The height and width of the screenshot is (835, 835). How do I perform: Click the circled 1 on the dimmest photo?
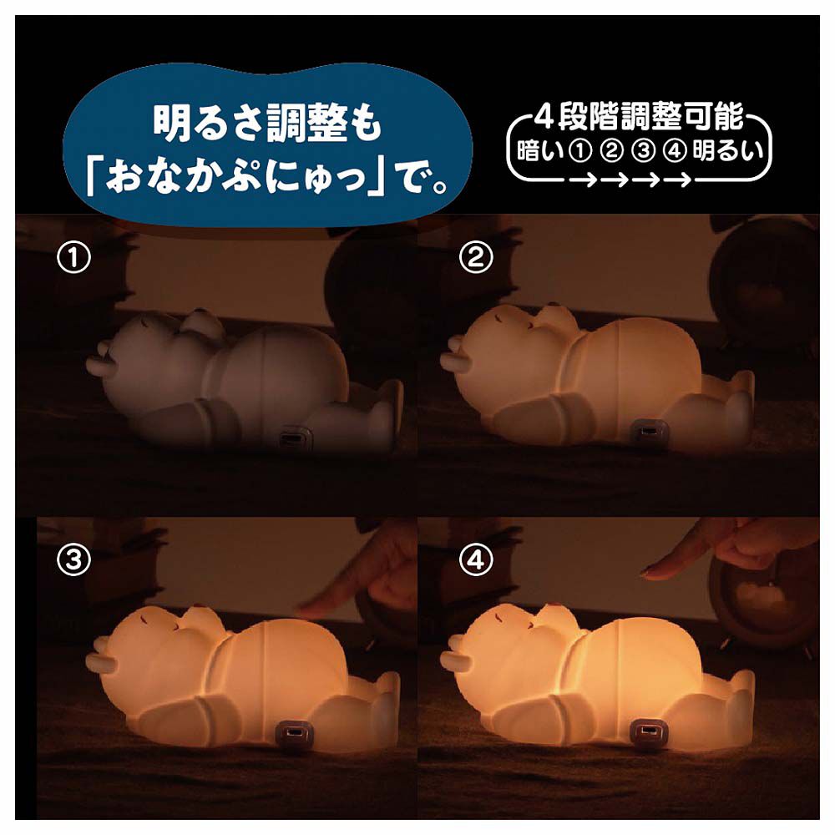[73, 258]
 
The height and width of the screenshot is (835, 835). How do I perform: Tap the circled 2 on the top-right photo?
[476, 258]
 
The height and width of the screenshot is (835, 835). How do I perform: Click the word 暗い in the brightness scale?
[539, 151]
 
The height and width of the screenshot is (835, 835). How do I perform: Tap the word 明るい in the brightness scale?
[727, 151]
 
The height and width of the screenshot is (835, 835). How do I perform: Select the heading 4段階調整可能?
[639, 117]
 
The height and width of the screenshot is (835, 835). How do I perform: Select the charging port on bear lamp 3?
[293, 733]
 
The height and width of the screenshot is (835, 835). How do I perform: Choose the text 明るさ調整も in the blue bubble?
[268, 124]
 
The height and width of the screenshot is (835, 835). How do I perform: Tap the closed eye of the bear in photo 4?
[499, 618]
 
